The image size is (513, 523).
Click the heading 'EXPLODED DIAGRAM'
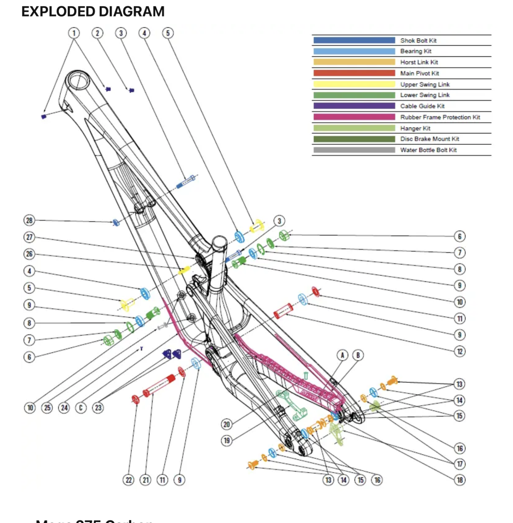click(x=93, y=12)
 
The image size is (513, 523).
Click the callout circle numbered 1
click(x=74, y=33)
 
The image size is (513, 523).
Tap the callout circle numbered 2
click(x=98, y=33)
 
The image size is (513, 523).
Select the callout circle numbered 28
click(x=29, y=221)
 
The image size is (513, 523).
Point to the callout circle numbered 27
click(x=29, y=237)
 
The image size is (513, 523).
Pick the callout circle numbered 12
click(x=460, y=351)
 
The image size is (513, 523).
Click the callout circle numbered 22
click(x=128, y=480)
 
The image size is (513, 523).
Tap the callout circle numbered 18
click(x=460, y=480)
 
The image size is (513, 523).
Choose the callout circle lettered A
click(x=342, y=355)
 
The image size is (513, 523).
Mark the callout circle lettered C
click(x=81, y=408)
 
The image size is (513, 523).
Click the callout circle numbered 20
click(x=227, y=424)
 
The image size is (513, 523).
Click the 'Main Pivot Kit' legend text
click(x=419, y=74)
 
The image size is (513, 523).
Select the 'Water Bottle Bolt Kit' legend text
click(x=428, y=150)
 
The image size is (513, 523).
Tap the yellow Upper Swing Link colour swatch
click(x=354, y=84)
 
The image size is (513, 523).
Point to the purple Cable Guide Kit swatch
click(x=354, y=106)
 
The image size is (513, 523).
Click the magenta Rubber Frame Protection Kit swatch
click(x=354, y=117)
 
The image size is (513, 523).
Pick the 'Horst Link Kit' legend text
click(x=419, y=62)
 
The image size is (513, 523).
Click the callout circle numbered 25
click(x=47, y=408)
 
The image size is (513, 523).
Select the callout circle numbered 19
click(x=227, y=441)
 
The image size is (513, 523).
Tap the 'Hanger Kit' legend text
click(x=415, y=128)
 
